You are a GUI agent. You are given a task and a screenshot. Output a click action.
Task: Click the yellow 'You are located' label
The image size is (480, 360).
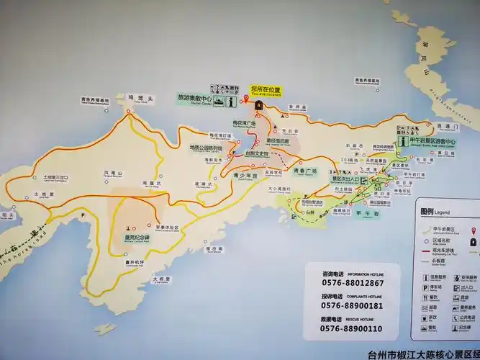[x=266, y=90]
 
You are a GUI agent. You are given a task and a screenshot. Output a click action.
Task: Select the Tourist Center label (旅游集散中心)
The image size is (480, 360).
[x=195, y=97]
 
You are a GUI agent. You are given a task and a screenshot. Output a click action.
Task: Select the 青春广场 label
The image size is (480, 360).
[x=305, y=171]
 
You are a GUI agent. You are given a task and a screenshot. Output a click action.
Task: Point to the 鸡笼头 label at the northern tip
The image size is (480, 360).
[x=137, y=98]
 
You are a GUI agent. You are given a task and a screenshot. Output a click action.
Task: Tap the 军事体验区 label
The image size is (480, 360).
[x=167, y=228]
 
